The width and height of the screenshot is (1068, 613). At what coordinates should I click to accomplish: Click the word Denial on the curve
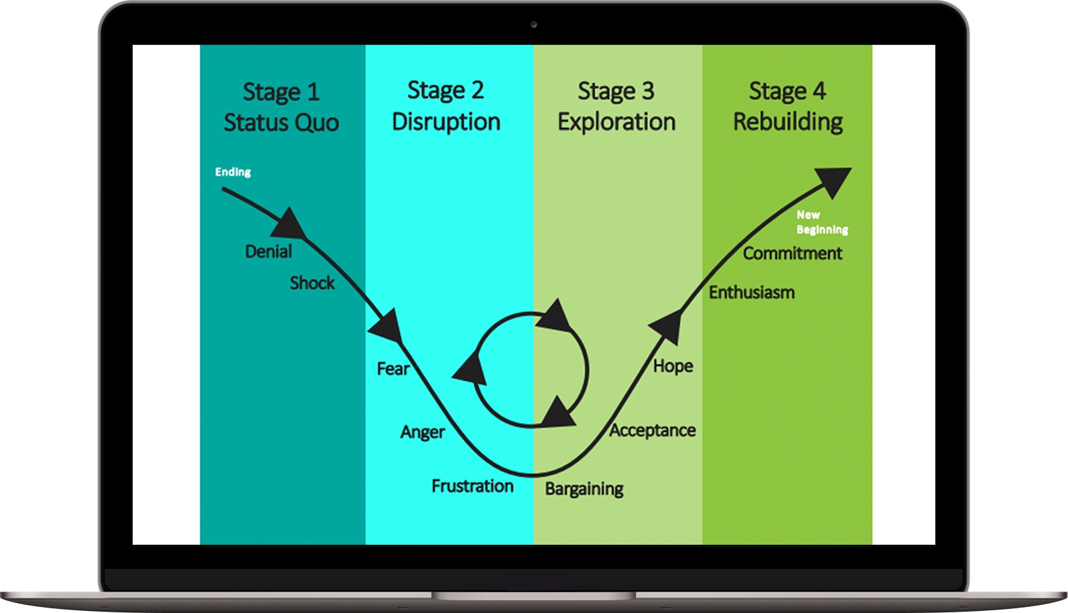coord(269,252)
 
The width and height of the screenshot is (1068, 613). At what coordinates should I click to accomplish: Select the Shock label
coord(312,283)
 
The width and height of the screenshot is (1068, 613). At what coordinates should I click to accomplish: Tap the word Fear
coord(393,369)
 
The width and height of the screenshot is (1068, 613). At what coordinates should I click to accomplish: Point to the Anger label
coord(423,432)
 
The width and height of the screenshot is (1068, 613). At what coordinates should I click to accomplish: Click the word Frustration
coord(472,486)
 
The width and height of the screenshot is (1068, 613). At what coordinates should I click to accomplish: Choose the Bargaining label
coord(584,489)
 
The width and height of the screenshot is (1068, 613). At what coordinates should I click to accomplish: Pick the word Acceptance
coord(653,430)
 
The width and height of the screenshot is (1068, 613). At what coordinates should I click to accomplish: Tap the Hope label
coord(673,366)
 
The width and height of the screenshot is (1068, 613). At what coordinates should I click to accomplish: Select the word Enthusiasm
coord(752,292)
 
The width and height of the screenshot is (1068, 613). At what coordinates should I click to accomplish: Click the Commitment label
coord(793,254)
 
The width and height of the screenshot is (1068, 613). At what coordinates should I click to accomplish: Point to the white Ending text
coord(233,172)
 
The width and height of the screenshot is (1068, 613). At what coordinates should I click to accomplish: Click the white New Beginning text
coord(821,222)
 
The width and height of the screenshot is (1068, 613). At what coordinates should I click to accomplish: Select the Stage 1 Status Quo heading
coord(281,107)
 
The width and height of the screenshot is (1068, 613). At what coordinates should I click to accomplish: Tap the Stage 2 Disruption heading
coord(446,106)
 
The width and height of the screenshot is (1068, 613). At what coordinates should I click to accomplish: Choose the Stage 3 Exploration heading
coord(616,106)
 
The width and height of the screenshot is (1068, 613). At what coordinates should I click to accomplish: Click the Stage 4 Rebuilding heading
coord(788,106)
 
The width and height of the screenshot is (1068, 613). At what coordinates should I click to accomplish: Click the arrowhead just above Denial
coord(289,225)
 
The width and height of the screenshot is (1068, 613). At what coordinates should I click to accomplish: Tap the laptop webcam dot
coord(534,25)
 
